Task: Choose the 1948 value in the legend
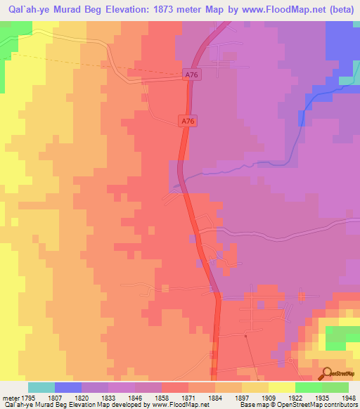[349, 397]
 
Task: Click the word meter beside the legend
[8, 397]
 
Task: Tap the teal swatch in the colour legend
[41, 387]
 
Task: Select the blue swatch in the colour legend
[68, 387]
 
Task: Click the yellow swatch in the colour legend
[281, 387]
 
